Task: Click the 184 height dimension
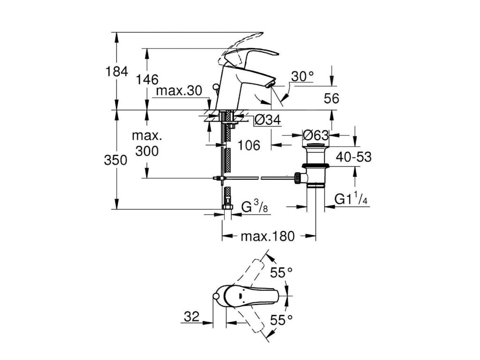tap(117, 72)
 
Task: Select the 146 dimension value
tap(148, 79)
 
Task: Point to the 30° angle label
tap(302, 76)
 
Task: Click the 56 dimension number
tap(331, 98)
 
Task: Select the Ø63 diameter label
tap(315, 135)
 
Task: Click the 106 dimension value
tap(248, 145)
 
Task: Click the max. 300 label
tap(146, 144)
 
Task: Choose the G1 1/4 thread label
tap(351, 200)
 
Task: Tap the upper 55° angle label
tap(283, 271)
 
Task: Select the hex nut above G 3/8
tap(226, 206)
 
